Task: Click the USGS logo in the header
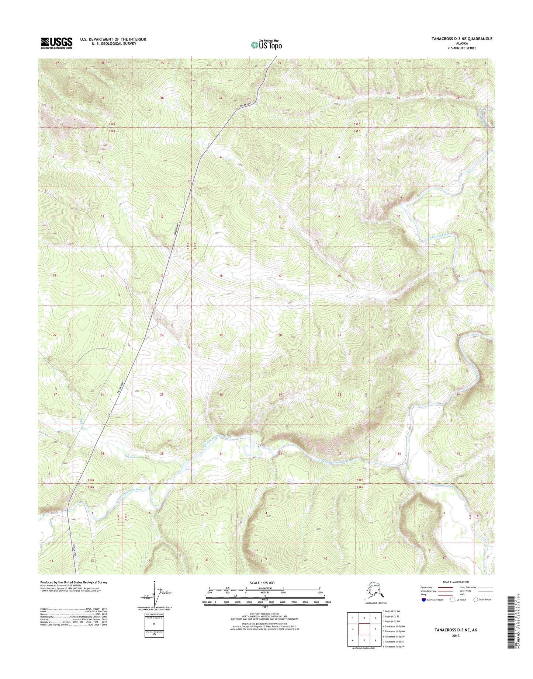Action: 56,43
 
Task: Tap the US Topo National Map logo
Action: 266,45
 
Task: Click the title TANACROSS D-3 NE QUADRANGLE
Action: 462,39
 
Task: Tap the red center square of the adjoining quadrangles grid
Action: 364,630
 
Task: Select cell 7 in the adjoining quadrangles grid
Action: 364,640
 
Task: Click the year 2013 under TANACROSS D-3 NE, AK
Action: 455,636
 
